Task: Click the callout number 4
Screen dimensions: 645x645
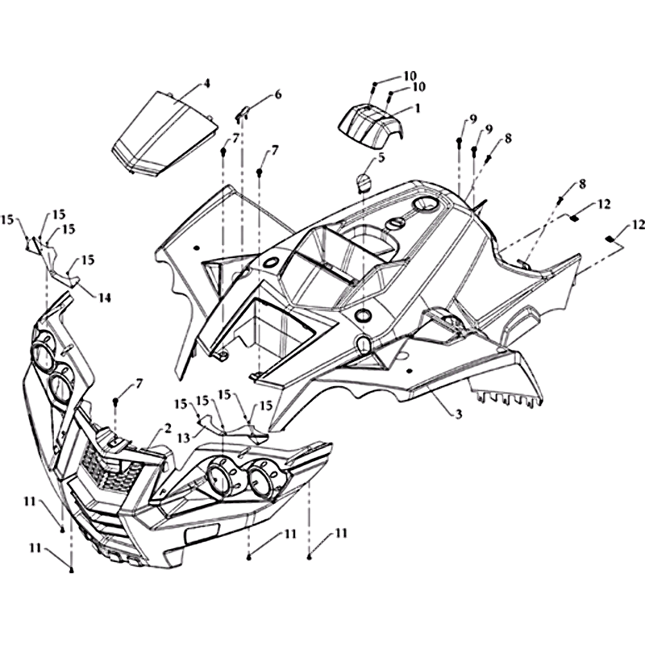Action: click(x=206, y=84)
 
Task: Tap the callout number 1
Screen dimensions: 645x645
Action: click(x=417, y=108)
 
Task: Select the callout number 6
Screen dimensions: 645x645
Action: click(x=278, y=94)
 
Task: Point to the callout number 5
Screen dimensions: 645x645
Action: click(x=381, y=157)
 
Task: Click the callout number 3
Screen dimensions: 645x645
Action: click(x=459, y=413)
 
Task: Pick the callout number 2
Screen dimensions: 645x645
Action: click(x=167, y=428)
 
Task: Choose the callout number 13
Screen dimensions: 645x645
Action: click(x=184, y=439)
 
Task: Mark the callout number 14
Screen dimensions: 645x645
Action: click(x=105, y=298)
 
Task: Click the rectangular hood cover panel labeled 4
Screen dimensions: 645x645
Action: click(x=165, y=134)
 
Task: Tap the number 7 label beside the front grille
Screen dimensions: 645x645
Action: click(x=138, y=385)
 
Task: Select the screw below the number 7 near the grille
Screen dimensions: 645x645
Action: click(x=116, y=401)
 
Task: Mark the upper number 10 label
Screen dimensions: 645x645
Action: click(x=410, y=76)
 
